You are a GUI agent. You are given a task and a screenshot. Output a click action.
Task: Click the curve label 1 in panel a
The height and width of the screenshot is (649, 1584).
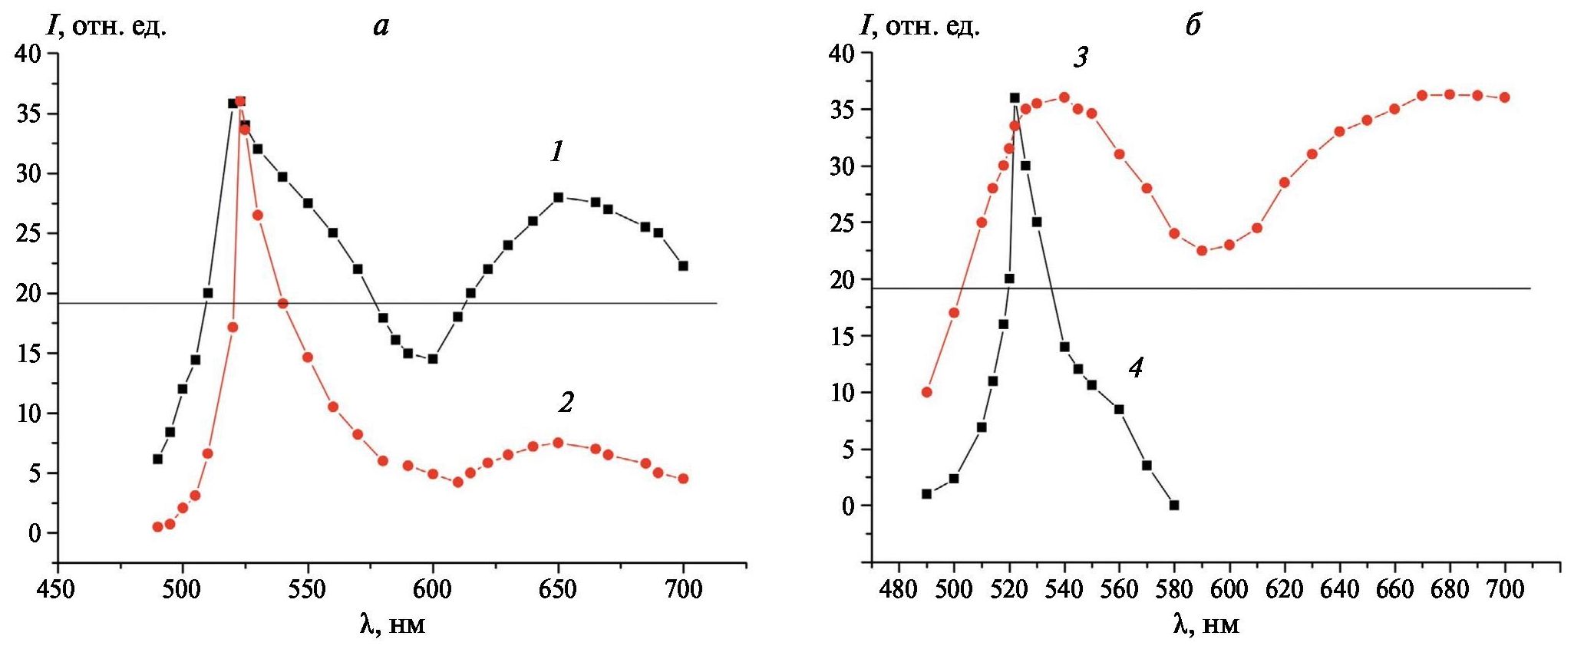[556, 153]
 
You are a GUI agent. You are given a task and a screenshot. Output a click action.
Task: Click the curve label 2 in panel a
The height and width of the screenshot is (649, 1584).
[566, 402]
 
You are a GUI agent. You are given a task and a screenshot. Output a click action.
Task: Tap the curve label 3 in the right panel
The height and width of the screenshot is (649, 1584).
[1081, 58]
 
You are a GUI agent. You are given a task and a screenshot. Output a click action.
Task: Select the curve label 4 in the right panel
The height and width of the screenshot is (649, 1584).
[1136, 369]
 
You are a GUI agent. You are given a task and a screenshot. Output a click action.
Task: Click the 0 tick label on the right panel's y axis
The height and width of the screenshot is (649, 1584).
[848, 506]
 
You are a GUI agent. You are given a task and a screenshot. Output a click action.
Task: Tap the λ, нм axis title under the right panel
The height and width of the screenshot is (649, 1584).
[1206, 625]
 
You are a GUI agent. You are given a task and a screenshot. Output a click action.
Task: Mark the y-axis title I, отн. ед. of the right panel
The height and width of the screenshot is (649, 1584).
[919, 28]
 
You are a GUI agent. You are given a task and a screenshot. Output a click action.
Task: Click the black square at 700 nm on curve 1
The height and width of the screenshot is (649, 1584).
[683, 265]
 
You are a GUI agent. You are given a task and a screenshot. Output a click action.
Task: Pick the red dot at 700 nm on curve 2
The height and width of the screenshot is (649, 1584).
[683, 479]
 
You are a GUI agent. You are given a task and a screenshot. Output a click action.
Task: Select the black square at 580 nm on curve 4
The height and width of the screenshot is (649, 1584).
[1174, 506]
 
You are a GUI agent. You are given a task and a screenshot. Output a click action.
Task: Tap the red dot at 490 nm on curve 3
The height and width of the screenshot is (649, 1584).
[926, 392]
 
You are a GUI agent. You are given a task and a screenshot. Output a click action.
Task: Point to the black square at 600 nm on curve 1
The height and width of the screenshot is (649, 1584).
[433, 358]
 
